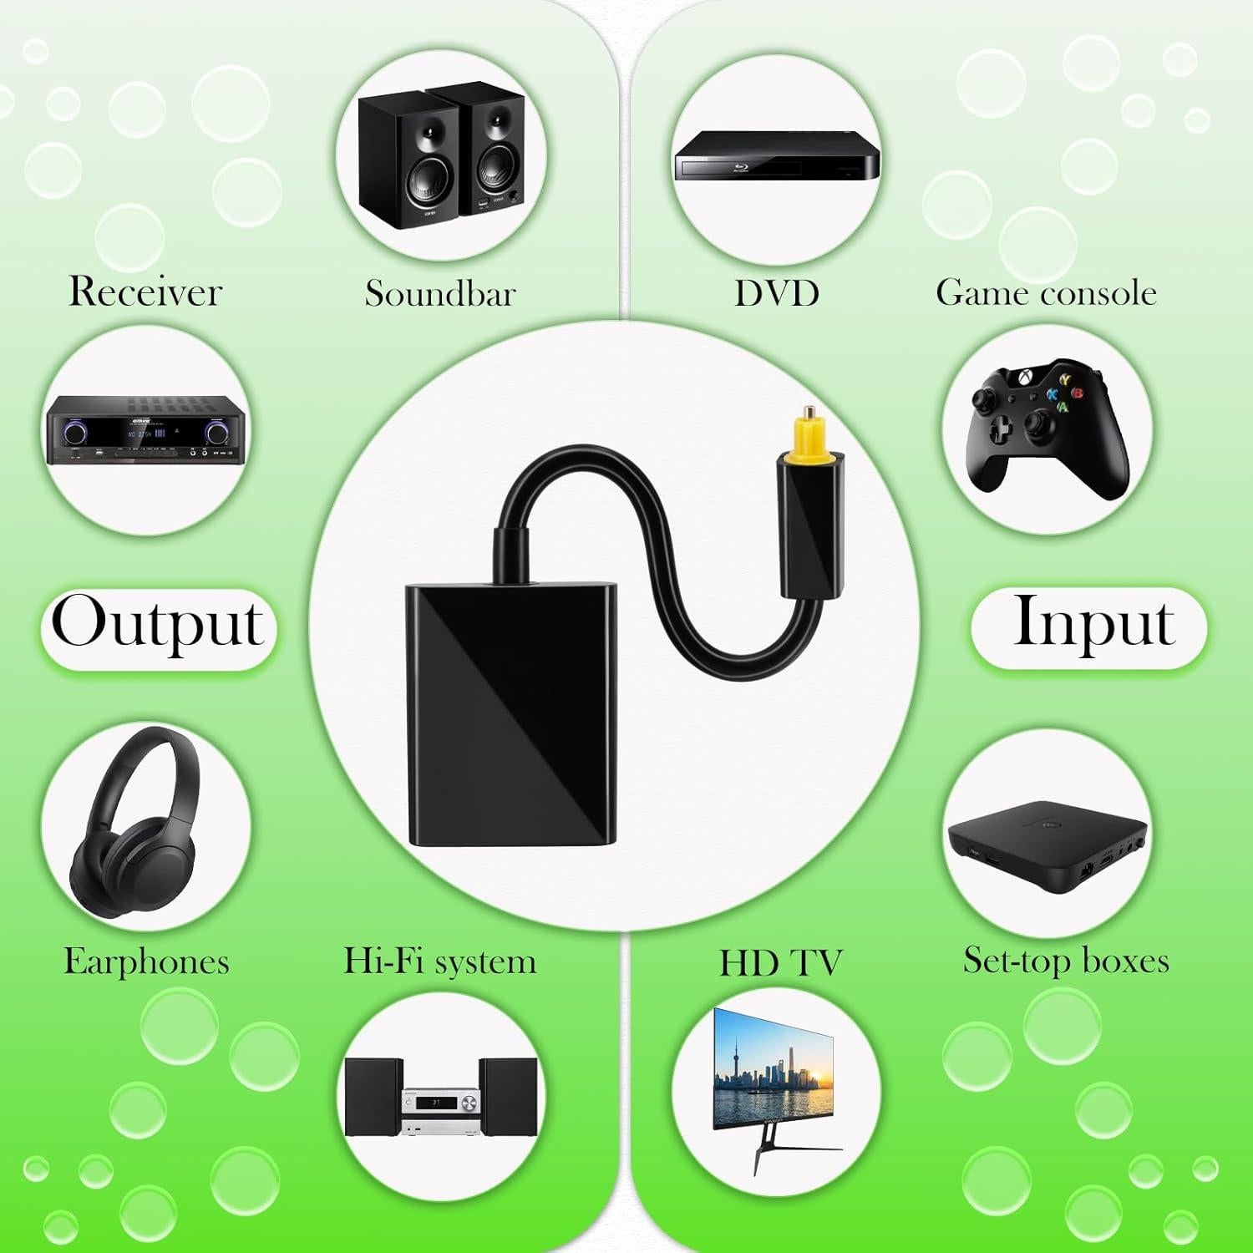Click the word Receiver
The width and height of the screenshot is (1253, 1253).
point(145,292)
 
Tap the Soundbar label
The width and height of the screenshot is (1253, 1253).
point(439,293)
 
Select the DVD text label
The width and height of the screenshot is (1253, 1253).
point(776,293)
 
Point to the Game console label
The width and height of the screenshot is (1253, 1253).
point(1046,293)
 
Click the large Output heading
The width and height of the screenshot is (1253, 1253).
point(158,625)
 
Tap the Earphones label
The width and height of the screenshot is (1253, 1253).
point(146,961)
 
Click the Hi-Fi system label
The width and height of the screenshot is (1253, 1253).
point(439,961)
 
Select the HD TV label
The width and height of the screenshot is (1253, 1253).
point(780,963)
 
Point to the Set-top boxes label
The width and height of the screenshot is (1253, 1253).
point(1066,961)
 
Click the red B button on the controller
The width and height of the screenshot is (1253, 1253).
point(1078,393)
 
